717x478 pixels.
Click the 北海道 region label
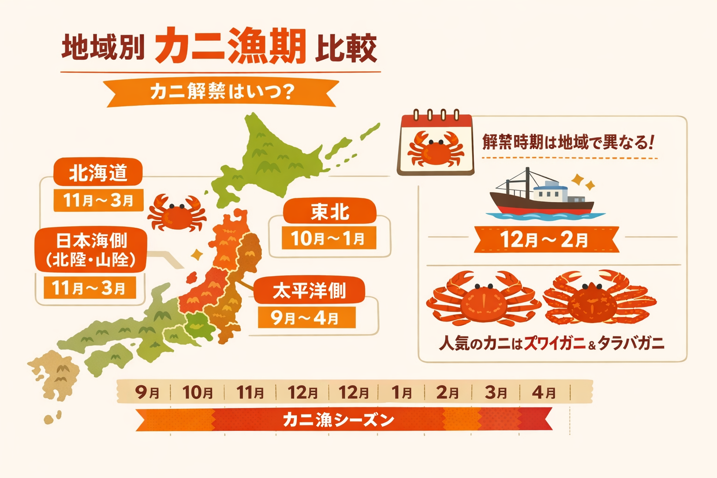click(x=98, y=173)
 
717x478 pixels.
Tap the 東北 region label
click(x=330, y=212)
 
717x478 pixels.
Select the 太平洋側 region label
click(x=309, y=291)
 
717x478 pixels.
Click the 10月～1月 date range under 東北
click(x=328, y=239)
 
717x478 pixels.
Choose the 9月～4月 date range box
click(x=306, y=318)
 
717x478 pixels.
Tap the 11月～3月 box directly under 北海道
click(x=98, y=200)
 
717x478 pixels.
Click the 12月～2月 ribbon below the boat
click(x=545, y=240)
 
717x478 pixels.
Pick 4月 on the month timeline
click(x=544, y=392)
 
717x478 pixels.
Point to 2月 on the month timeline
click(x=447, y=392)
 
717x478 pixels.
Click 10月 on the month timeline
click(x=198, y=392)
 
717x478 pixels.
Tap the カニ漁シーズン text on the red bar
click(x=338, y=420)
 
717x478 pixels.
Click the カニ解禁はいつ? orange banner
click(x=222, y=92)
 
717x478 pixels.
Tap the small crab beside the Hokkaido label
click(x=176, y=213)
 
